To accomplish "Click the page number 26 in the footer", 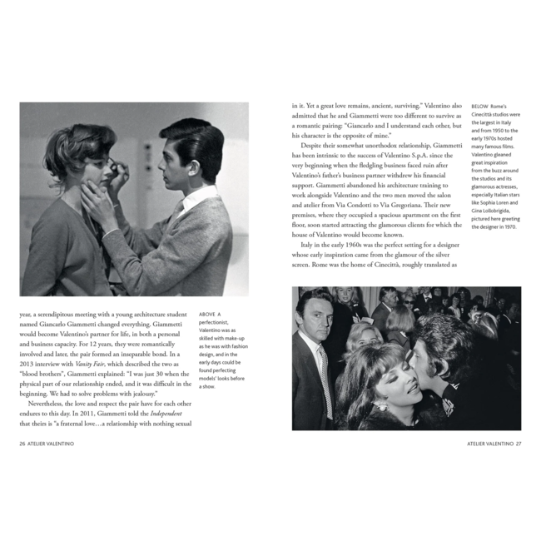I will tap(23, 443).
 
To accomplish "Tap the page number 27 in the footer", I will tap(518, 443).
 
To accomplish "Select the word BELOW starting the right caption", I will tap(479, 107).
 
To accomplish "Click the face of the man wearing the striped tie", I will tap(316, 316).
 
